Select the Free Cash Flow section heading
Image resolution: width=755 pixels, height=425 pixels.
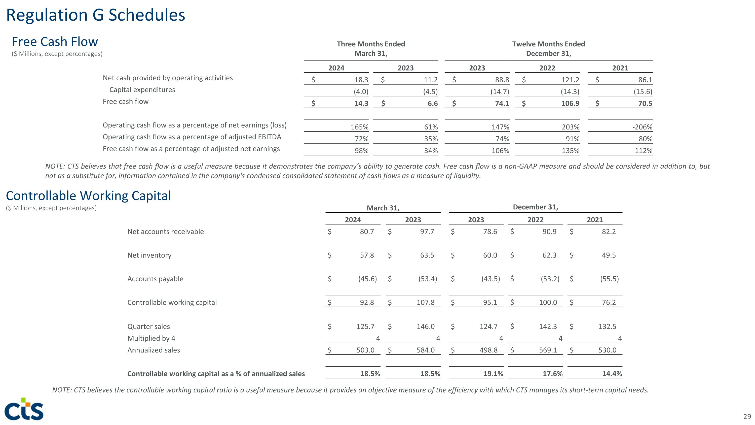(55, 42)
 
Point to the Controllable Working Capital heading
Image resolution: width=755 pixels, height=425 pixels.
(89, 196)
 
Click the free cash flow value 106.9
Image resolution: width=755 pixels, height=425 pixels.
(570, 104)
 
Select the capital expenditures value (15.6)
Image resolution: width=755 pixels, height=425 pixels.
(643, 91)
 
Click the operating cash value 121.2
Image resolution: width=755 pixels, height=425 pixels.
(570, 80)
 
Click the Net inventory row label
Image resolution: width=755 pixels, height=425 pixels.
(149, 255)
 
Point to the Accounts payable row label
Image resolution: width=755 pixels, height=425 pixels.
(155, 279)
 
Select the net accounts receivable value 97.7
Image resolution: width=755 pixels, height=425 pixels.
(427, 232)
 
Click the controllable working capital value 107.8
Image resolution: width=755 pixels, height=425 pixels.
(426, 302)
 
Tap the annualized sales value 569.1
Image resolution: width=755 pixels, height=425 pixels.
(548, 350)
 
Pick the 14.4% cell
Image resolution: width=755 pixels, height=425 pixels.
(612, 374)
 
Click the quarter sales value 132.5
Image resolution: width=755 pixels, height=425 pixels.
(607, 326)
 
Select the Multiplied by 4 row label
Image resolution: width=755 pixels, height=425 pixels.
(151, 338)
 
